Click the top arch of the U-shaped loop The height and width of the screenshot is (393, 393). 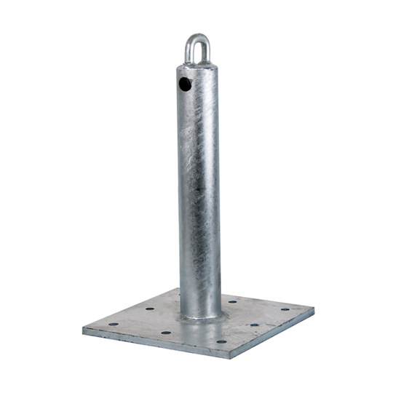click(x=197, y=36)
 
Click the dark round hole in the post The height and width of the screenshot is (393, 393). click(x=185, y=85)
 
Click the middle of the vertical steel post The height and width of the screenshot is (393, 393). click(x=199, y=189)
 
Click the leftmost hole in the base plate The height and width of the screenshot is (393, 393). click(x=113, y=325)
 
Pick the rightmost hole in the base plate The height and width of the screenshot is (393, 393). click(x=285, y=309)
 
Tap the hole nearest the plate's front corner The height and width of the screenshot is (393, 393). click(x=220, y=341)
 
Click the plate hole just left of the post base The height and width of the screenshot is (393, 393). click(x=150, y=309)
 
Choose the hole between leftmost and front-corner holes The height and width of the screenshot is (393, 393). click(x=166, y=333)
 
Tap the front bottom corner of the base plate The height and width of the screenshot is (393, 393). click(x=230, y=357)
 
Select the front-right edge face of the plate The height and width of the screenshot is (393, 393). click(x=273, y=334)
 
